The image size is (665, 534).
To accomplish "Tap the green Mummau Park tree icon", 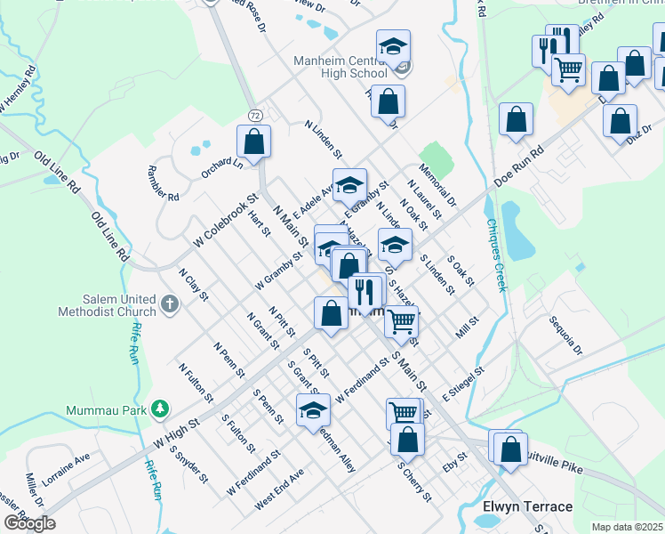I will point(160,409).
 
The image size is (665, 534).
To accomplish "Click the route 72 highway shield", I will point(255,116).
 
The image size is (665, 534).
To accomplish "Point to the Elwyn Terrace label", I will point(527,506).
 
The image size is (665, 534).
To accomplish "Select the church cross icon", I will point(170,305).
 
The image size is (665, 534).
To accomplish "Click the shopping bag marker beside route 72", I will point(254,141).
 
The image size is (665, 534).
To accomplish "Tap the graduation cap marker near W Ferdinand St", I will point(313,409).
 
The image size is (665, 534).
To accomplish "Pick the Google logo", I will point(29,523).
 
